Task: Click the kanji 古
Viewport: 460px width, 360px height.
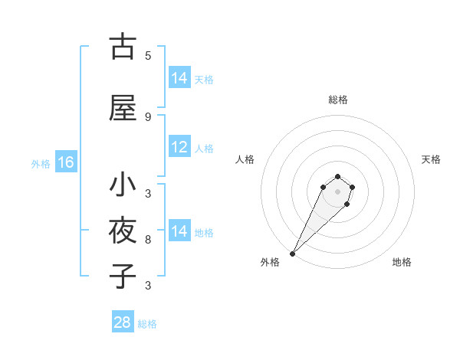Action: (123, 47)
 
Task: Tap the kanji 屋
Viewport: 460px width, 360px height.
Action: (123, 108)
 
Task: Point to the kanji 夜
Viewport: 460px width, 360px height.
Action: (123, 231)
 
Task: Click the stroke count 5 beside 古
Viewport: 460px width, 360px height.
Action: (148, 55)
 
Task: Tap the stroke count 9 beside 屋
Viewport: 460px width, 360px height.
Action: (148, 116)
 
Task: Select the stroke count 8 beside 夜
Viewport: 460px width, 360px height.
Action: (148, 239)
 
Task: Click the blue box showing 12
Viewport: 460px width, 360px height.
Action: (179, 148)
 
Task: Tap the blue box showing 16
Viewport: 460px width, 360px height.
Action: (66, 162)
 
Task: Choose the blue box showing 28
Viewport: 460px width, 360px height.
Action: (123, 322)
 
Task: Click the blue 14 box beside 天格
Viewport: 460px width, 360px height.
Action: (179, 78)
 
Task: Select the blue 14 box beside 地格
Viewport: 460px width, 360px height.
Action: (179, 231)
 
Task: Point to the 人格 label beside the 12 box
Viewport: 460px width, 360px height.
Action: (204, 149)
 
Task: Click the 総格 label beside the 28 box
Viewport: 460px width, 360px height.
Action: (147, 324)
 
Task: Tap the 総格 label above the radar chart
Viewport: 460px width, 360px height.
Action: (338, 100)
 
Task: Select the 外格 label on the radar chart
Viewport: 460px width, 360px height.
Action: (270, 262)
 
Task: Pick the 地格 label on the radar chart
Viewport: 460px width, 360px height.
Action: (402, 262)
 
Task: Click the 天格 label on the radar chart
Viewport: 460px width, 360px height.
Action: (431, 159)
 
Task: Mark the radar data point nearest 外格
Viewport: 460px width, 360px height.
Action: (292, 253)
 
